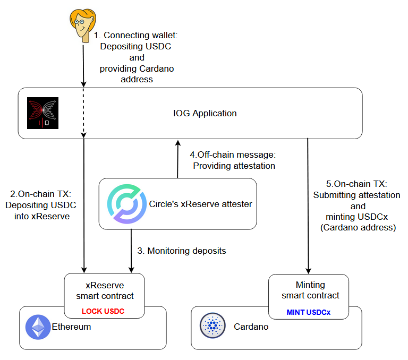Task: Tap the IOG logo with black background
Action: (x=42, y=114)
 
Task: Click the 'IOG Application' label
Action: (x=205, y=113)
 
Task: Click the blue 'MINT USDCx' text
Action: (x=309, y=312)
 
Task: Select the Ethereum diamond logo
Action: (x=38, y=327)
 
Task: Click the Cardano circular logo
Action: (x=212, y=326)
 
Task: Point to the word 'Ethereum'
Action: (x=71, y=327)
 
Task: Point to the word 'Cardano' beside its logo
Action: (x=251, y=327)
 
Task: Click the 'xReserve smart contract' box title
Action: (x=105, y=290)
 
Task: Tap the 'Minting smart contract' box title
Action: (x=310, y=290)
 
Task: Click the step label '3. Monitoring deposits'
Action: (x=182, y=251)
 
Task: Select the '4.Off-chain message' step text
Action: (x=233, y=155)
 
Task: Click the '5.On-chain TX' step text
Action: (x=357, y=184)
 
